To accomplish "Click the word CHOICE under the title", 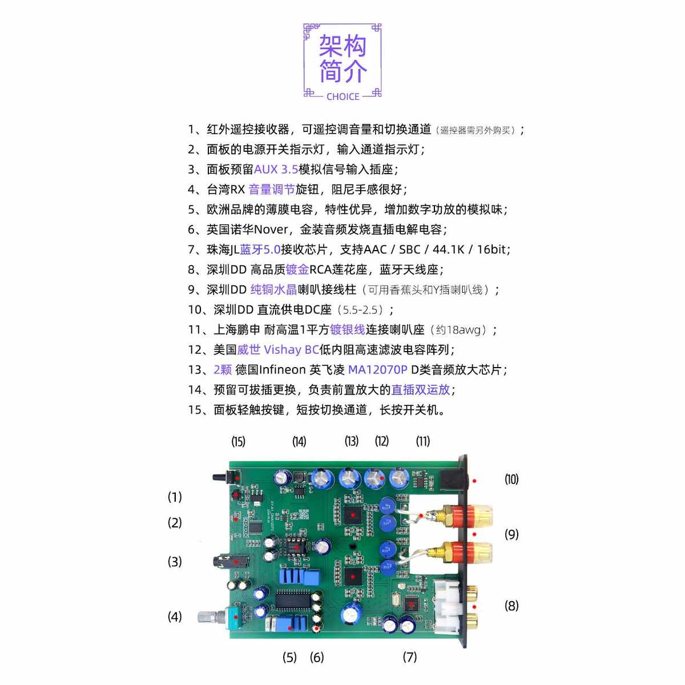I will (x=342, y=96).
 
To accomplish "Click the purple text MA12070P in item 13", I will (x=377, y=370).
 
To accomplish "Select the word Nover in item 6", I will (x=271, y=229).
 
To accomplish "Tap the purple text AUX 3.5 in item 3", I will (x=276, y=170).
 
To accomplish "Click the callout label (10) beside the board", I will (x=511, y=479).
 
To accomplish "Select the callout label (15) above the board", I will (x=238, y=441).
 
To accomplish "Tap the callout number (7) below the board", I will (x=410, y=657).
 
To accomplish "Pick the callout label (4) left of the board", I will (x=175, y=616).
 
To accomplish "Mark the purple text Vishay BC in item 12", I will (x=291, y=350).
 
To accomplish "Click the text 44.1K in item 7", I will (x=449, y=249).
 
